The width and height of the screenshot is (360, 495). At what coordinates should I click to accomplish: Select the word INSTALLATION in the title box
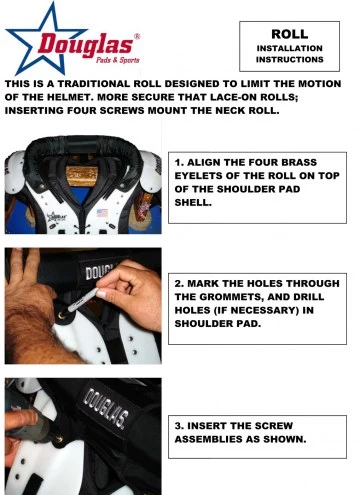click(295, 47)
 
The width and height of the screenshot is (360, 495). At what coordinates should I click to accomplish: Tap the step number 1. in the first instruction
click(180, 159)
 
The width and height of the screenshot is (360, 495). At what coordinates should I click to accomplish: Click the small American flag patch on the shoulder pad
click(101, 212)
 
